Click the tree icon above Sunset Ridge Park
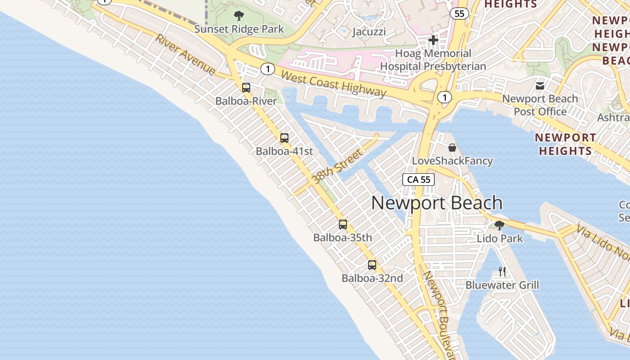[x=239, y=16]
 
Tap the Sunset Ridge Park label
[x=239, y=29]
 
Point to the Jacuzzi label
[x=369, y=32]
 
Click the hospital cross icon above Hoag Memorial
[x=433, y=40]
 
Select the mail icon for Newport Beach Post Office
[x=540, y=85]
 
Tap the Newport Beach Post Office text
[x=540, y=105]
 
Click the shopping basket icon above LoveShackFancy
[x=452, y=148]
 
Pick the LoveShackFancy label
[x=452, y=161]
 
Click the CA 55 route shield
[x=419, y=180]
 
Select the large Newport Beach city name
[x=436, y=203]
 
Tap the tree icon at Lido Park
[x=499, y=225]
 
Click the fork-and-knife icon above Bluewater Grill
[x=502, y=271]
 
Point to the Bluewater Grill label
[x=502, y=285]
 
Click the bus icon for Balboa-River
[x=246, y=88]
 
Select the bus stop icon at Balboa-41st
[x=284, y=138]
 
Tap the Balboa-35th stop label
[x=343, y=237]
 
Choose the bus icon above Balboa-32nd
[x=372, y=265]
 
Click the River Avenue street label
[x=185, y=54]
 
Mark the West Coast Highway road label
[x=333, y=83]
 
